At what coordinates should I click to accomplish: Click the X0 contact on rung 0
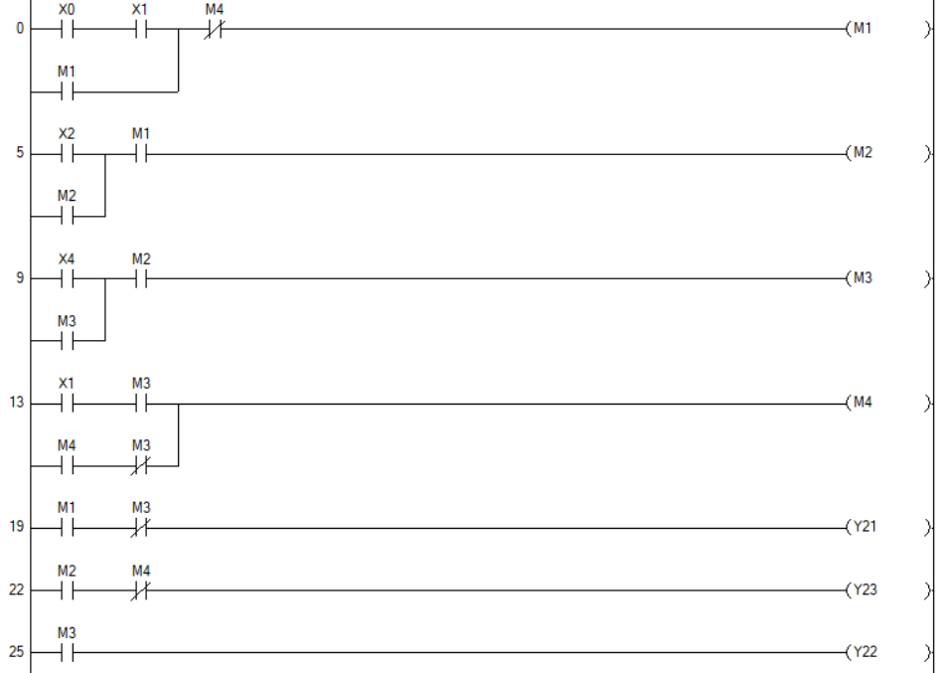point(67,29)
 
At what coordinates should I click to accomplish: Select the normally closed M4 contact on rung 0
point(214,29)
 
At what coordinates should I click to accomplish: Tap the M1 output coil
point(861,29)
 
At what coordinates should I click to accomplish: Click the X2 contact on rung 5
point(67,154)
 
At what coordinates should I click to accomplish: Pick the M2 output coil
point(861,154)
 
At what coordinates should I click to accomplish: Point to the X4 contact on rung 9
point(67,278)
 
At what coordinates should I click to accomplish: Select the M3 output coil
point(861,278)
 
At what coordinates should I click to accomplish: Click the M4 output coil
point(861,404)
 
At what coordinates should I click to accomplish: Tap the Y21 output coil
point(863,528)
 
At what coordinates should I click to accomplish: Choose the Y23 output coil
point(863,590)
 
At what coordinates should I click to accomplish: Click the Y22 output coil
point(863,653)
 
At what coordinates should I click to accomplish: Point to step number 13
point(17,405)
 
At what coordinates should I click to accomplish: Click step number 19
point(17,529)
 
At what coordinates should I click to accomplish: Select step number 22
point(17,591)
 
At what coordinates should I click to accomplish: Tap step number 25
point(17,654)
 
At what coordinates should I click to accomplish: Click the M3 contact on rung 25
point(67,653)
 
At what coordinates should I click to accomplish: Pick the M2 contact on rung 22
point(67,590)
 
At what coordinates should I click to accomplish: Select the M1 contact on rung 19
point(67,528)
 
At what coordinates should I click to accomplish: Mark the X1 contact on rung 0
point(140,29)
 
